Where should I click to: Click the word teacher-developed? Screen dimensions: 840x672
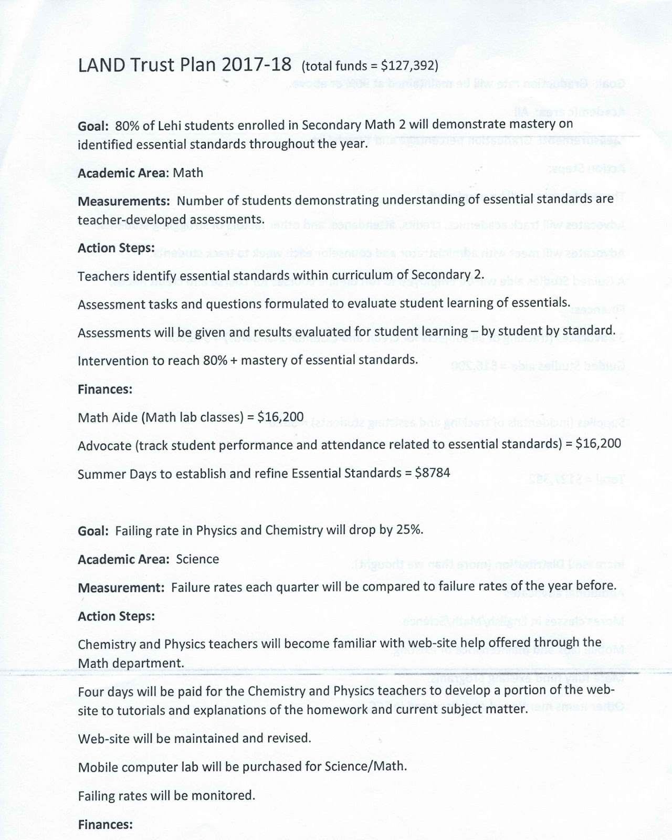(124, 219)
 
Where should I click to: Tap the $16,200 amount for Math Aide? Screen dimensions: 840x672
(280, 417)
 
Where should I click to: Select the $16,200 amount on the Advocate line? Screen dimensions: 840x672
(598, 444)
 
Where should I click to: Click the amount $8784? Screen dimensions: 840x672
(432, 473)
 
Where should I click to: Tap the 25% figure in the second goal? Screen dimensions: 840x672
(409, 530)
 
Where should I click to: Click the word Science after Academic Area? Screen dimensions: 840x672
(197, 559)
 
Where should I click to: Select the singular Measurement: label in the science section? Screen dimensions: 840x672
(121, 587)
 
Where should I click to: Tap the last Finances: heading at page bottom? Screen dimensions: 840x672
(105, 824)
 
